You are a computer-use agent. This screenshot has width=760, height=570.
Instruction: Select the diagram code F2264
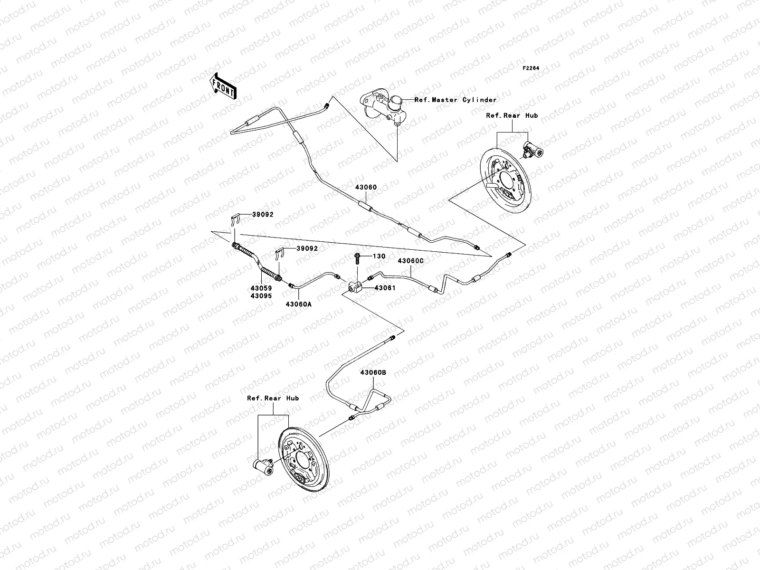(531, 68)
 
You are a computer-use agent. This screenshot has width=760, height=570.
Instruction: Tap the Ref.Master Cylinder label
(455, 100)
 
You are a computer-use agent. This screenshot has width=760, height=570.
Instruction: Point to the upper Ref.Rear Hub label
(512, 115)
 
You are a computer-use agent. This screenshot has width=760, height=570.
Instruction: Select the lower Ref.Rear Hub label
(273, 399)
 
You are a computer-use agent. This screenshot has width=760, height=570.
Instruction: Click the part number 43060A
(298, 304)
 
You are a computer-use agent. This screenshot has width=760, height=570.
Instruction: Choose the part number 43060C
(410, 261)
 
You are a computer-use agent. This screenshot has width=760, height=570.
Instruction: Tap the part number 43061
(385, 288)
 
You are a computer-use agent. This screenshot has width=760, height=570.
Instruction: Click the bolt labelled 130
(357, 258)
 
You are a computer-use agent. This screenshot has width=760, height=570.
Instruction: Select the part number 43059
(260, 288)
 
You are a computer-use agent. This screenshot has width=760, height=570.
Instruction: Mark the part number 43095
(260, 295)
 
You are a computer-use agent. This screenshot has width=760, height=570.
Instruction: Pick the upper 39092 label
(262, 215)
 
